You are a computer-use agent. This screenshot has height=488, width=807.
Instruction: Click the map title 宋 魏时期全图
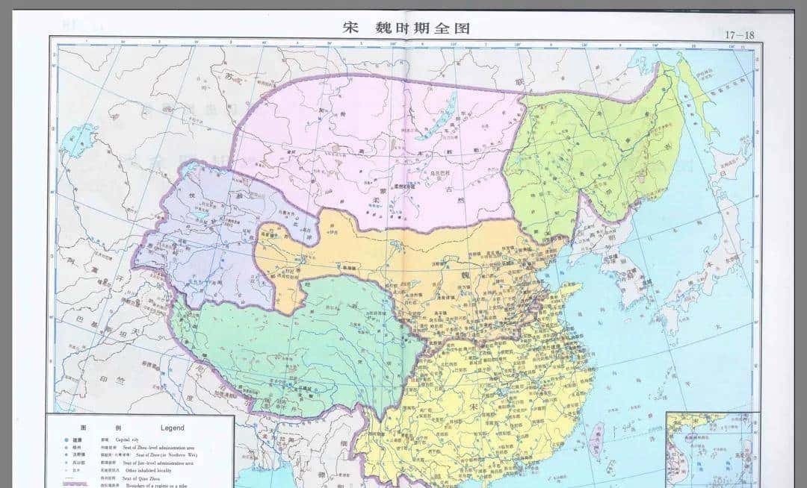406,28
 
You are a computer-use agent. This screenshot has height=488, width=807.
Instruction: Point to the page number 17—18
740,34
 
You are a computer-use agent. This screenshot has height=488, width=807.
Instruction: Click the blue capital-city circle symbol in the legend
67,440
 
